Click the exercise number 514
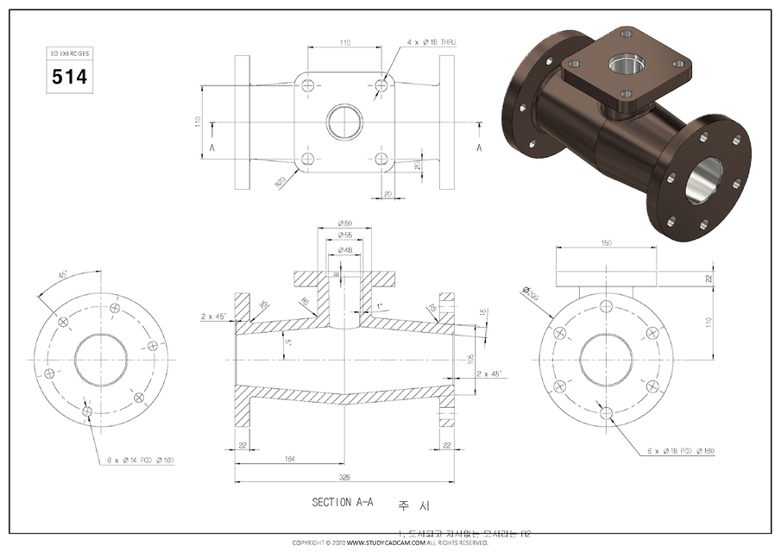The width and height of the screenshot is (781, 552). click(69, 77)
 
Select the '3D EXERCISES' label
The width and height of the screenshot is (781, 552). click(69, 53)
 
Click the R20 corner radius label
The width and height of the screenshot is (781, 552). click(280, 181)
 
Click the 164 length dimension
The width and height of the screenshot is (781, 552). click(288, 460)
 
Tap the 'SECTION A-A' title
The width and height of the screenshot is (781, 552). click(343, 501)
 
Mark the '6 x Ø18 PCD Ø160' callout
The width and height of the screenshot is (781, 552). click(681, 452)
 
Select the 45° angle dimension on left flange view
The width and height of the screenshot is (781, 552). click(64, 275)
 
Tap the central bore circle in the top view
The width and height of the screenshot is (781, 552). click(345, 122)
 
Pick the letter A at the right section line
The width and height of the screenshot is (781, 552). click(479, 147)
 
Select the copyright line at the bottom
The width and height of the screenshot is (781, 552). click(390, 543)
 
